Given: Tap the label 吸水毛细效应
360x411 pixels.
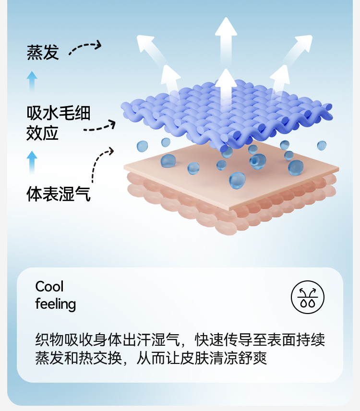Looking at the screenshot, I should pos(58,123).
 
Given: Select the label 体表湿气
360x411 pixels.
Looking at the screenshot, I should pos(58,194).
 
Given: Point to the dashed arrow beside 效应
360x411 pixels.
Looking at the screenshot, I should pos(99,127).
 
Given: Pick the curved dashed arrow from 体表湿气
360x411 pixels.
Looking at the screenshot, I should pos(100,163).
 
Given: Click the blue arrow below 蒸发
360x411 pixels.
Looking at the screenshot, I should pos(32,82).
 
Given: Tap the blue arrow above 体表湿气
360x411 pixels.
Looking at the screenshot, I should pos(32,162).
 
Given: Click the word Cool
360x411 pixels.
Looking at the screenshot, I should pos(49,287).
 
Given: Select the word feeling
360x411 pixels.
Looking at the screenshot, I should pos(56,304).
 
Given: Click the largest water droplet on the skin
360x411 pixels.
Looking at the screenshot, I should pos(237,180).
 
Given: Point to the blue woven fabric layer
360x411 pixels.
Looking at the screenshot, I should pos(226,115).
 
